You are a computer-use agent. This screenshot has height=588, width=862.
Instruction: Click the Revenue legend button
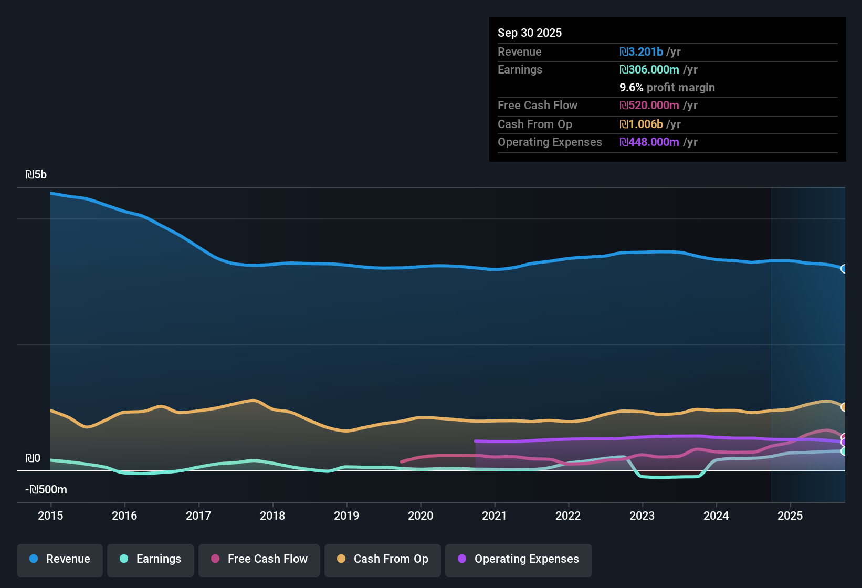click(60, 559)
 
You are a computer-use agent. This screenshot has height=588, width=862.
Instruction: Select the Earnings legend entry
click(151, 559)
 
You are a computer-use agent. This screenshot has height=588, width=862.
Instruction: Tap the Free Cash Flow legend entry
click(259, 559)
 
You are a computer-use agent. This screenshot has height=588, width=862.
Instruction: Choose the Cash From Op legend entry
click(383, 559)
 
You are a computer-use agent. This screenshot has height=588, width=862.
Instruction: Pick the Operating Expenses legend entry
click(519, 559)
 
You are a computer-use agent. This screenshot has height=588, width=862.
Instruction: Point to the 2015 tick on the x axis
click(50, 516)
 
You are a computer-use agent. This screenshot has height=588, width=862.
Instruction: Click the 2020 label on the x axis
click(421, 516)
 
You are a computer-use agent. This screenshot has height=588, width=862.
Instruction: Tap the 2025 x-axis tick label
click(790, 516)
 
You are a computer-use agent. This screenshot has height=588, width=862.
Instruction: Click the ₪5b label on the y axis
click(36, 175)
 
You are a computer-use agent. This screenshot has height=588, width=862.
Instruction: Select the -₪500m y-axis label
click(46, 490)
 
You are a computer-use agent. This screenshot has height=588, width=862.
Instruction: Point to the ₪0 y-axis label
click(33, 458)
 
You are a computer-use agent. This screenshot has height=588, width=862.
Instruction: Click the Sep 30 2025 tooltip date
click(529, 33)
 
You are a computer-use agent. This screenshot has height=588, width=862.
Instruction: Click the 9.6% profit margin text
click(667, 87)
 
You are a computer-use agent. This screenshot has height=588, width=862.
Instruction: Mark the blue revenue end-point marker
click(844, 269)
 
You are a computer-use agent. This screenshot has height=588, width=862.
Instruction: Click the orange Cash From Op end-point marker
click(844, 407)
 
